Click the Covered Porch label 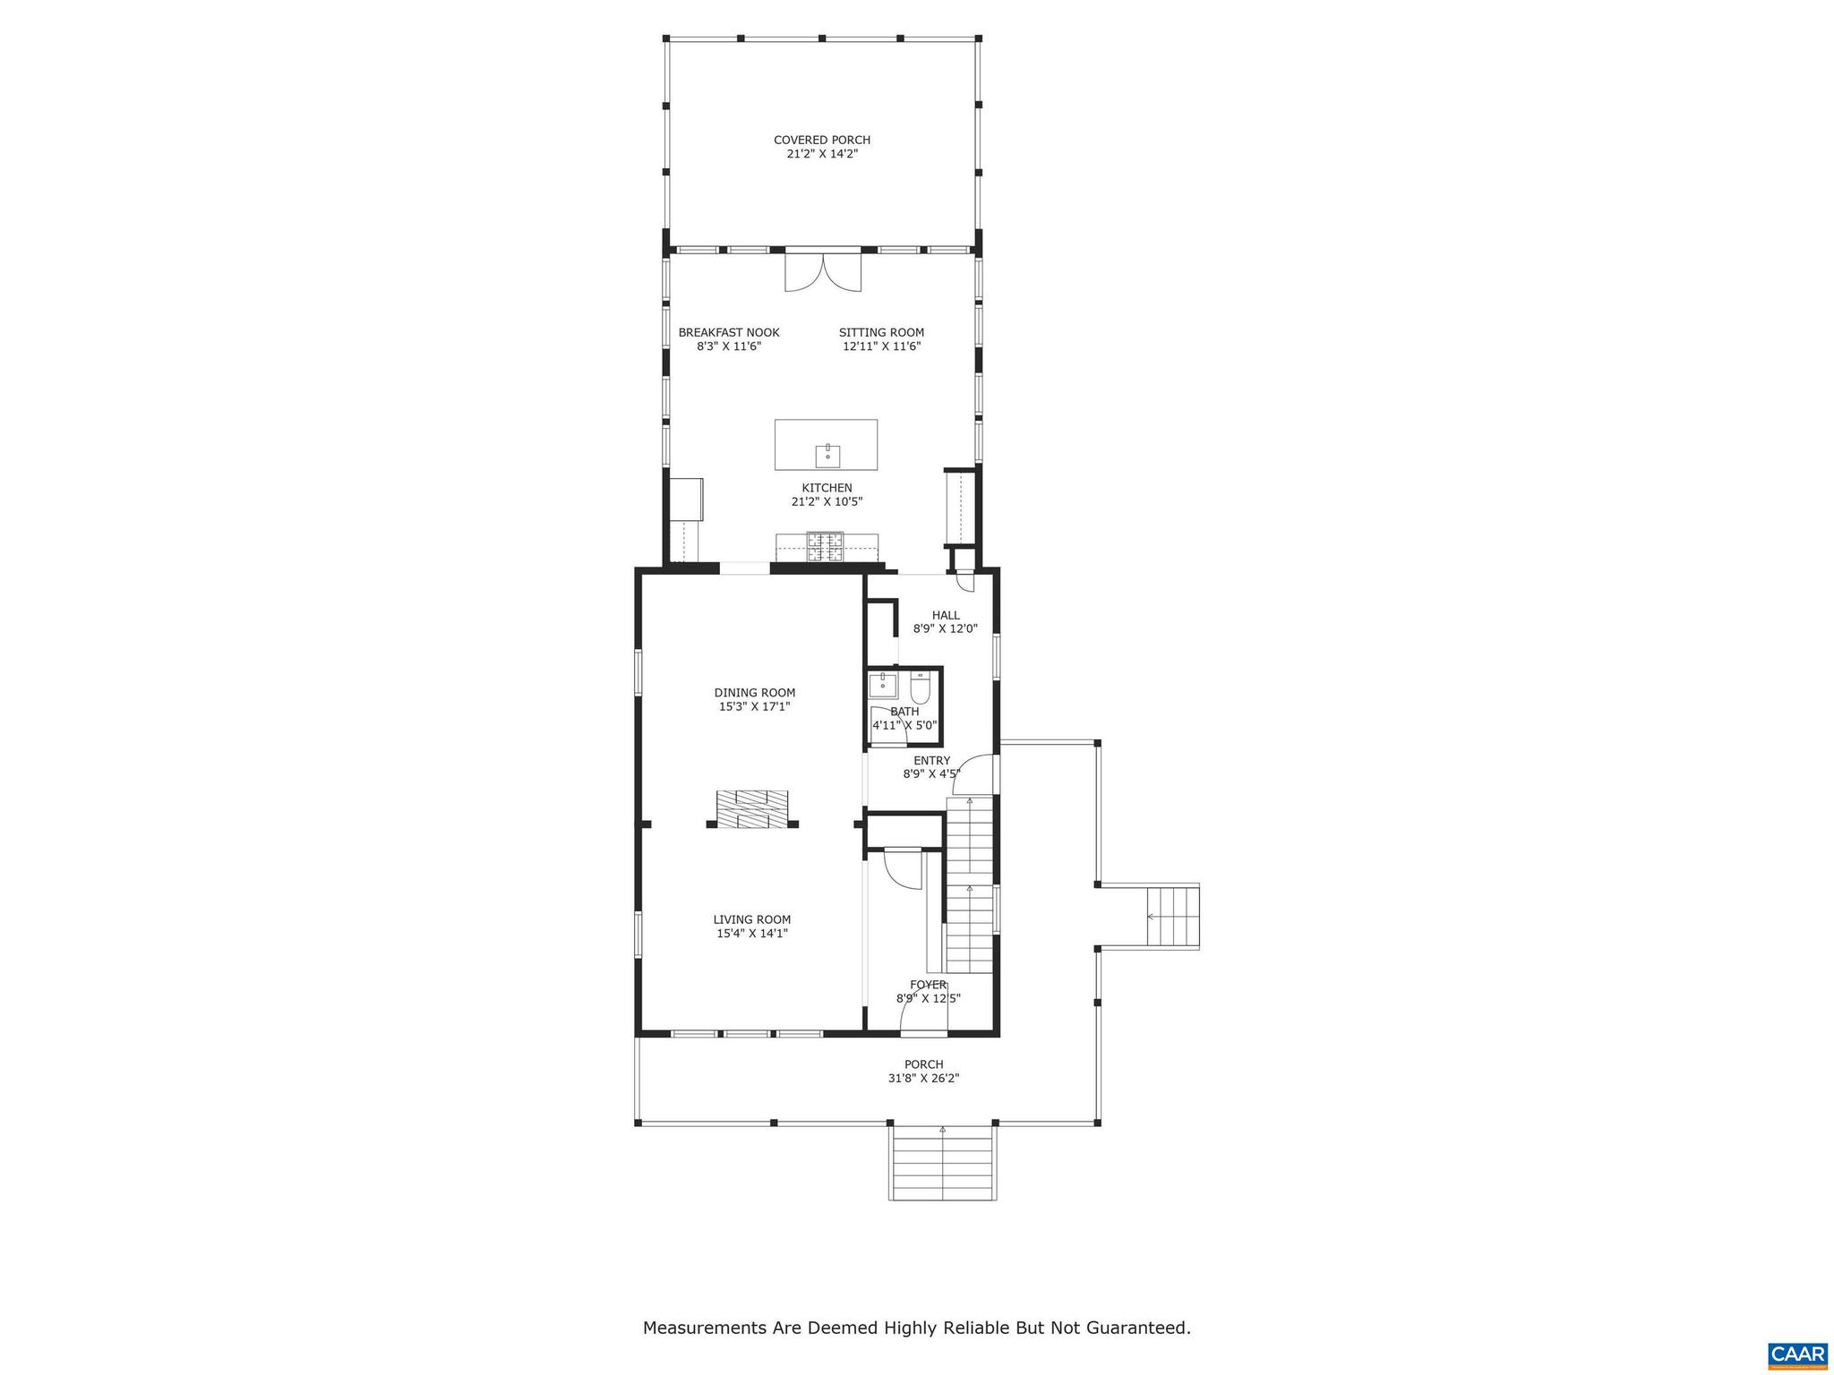(x=821, y=140)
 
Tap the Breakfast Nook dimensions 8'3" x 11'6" (x=728, y=346)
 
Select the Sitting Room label (x=881, y=332)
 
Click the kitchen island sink (x=827, y=456)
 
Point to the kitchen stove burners (x=825, y=547)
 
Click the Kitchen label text (x=827, y=488)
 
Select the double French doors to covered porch (x=823, y=271)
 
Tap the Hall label (x=946, y=615)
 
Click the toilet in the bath (x=921, y=688)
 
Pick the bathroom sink (x=882, y=687)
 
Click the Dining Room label (x=754, y=692)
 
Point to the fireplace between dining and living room (x=752, y=809)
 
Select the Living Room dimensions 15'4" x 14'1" (x=752, y=934)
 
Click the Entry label (x=931, y=761)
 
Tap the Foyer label (x=928, y=985)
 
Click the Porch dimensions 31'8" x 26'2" (x=923, y=1079)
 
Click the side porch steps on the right (x=1172, y=916)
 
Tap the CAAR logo (x=1797, y=1353)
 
